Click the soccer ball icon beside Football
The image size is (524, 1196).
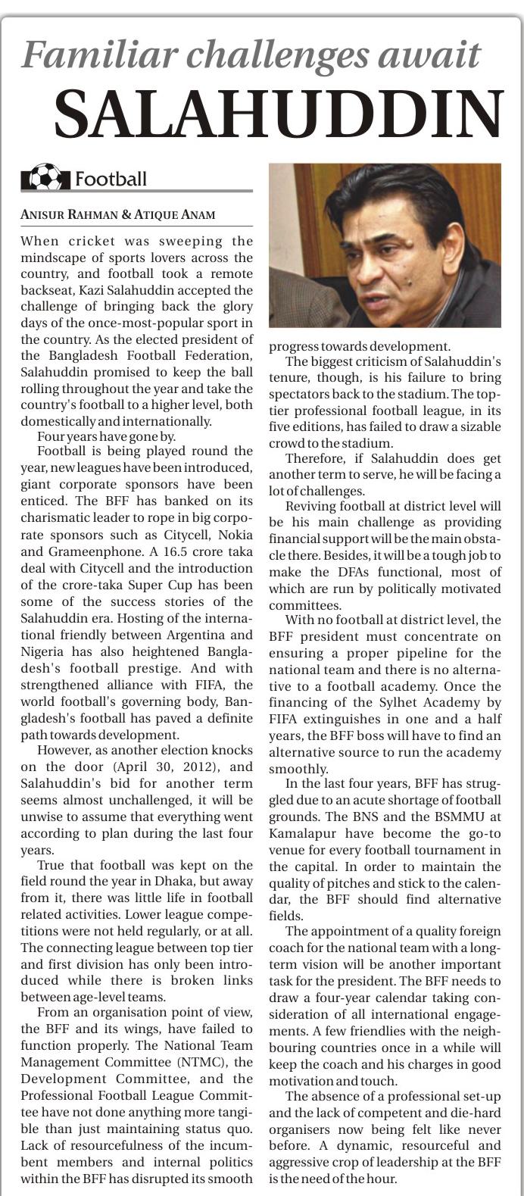tap(45, 178)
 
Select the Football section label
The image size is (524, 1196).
tap(111, 179)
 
